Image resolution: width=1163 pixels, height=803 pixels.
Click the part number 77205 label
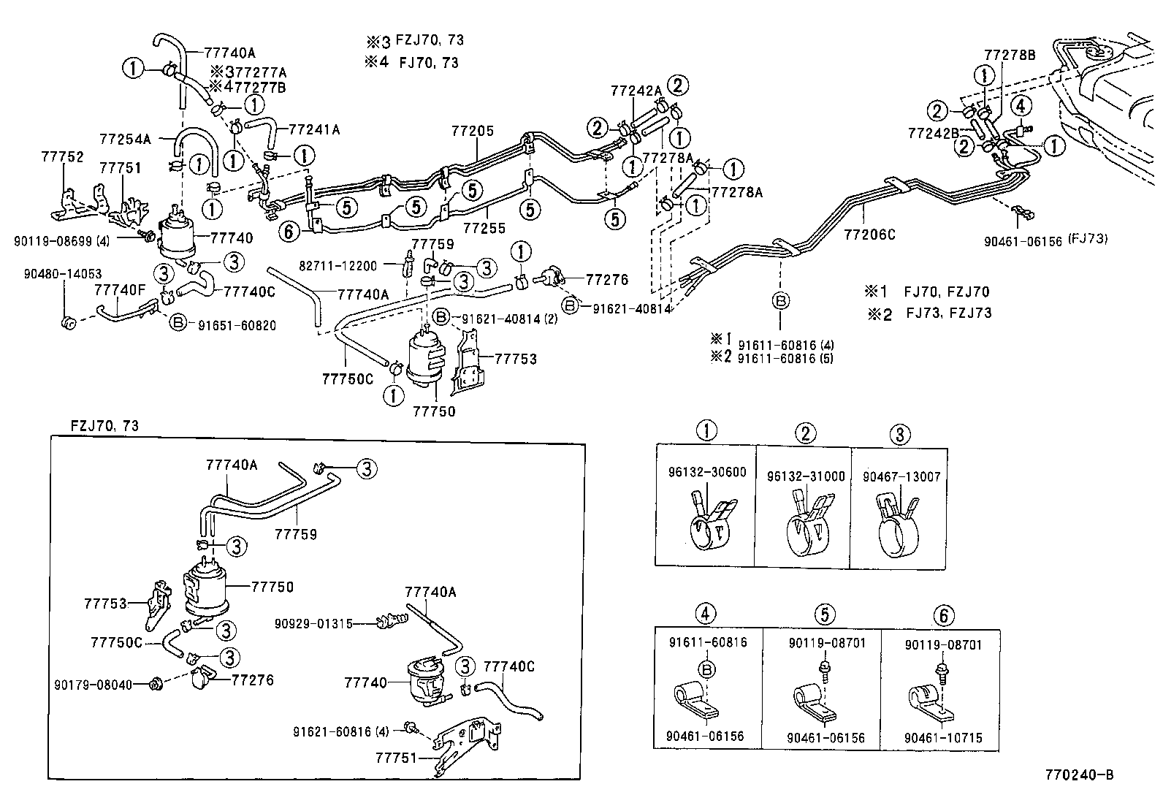pyautogui.click(x=473, y=132)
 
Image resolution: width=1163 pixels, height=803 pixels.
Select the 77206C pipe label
pyautogui.click(x=869, y=235)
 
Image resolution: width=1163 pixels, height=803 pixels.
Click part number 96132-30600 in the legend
pyautogui.click(x=706, y=473)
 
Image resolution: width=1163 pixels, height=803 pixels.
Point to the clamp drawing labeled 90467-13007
pyautogui.click(x=896, y=522)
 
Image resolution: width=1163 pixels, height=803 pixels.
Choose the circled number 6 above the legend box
pyautogui.click(x=943, y=615)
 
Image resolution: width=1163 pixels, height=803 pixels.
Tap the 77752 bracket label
pyautogui.click(x=62, y=157)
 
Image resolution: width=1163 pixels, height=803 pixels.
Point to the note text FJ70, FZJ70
pyautogui.click(x=947, y=292)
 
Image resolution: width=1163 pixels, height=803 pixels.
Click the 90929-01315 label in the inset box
pyautogui.click(x=314, y=623)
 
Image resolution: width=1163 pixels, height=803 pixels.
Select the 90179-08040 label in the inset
pyautogui.click(x=94, y=685)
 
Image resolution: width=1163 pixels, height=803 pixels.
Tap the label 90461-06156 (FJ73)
pyautogui.click(x=1045, y=240)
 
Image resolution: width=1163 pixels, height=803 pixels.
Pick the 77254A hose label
pyautogui.click(x=125, y=138)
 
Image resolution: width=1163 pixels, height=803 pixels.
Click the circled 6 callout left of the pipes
pyautogui.click(x=289, y=232)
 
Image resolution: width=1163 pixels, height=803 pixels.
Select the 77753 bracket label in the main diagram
pyautogui.click(x=516, y=359)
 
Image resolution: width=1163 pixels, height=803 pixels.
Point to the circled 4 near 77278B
pyautogui.click(x=1021, y=106)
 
